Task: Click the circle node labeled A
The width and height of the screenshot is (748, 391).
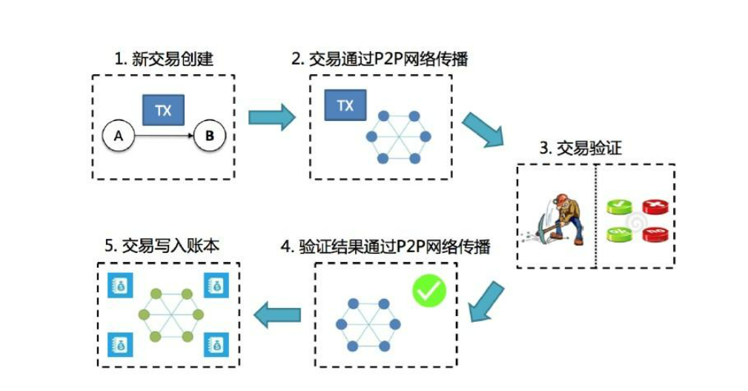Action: pos(117,136)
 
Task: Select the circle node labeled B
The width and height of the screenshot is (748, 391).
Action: pos(209,136)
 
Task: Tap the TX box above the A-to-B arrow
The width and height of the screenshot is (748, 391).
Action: pos(163,111)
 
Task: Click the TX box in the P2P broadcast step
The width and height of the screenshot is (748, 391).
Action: pos(345,105)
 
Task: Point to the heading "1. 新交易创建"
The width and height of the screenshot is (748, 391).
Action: pos(163,59)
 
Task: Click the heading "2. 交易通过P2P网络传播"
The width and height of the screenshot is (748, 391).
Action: pos(379,59)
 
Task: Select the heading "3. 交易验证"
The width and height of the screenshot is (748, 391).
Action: pos(580,148)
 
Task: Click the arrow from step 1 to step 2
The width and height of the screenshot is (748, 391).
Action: pos(271,117)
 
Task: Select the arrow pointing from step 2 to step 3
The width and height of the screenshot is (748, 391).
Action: pos(481,131)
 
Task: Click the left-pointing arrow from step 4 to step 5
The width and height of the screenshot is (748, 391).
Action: pos(277,315)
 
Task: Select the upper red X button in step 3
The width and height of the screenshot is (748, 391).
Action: pos(654,206)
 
